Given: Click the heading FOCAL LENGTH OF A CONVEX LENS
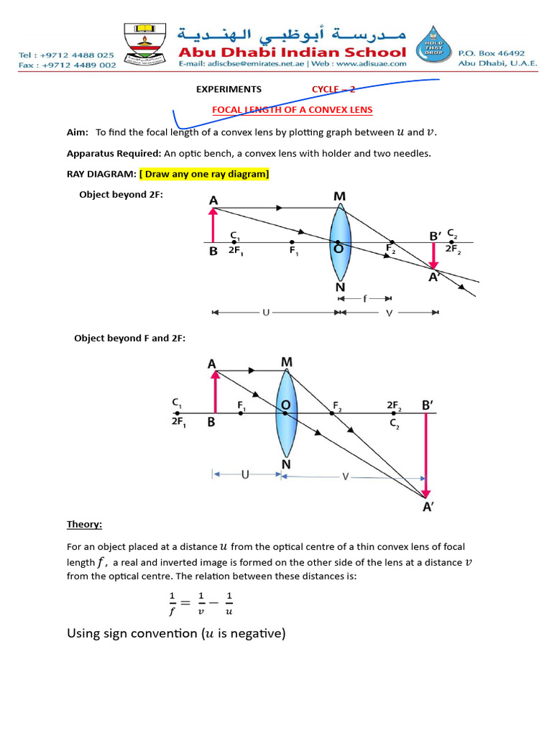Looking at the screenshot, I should pos(292,110).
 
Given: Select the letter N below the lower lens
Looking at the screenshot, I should pos(286,464).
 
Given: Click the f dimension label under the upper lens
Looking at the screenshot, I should pos(364,298).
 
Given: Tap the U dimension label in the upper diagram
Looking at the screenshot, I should pos(267,313).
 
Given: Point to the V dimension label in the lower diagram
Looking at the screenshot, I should pos(346,476).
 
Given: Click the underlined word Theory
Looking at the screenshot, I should pos(84,524).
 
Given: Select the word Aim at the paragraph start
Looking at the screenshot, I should pos(77,132).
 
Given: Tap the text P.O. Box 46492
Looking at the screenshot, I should pos(492,52).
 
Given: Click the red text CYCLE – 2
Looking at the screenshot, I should pos(333,89).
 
